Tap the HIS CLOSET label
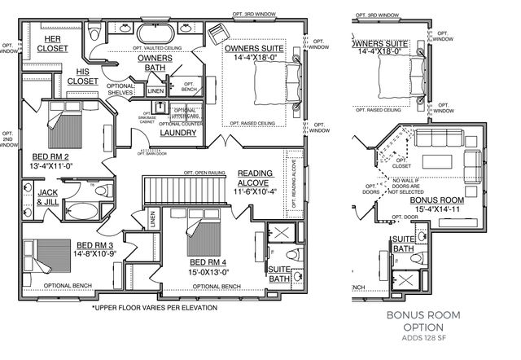point(82,76)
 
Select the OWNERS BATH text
point(154,63)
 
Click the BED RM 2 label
point(49,160)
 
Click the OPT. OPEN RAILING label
point(204,173)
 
